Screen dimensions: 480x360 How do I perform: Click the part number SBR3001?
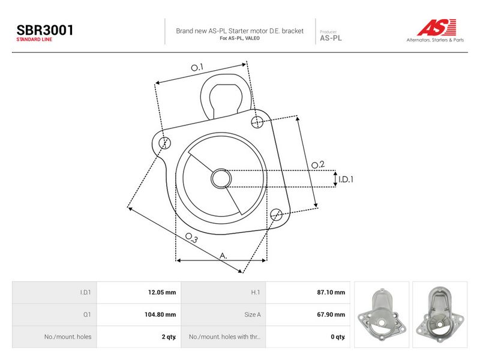tap(44, 30)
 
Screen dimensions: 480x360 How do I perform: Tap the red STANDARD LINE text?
tap(34, 40)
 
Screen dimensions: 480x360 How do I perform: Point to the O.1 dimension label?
tap(197, 67)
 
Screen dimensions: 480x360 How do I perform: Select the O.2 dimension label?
tap(318, 165)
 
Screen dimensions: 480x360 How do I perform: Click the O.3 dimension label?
tap(192, 238)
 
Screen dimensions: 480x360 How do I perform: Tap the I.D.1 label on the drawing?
tap(346, 179)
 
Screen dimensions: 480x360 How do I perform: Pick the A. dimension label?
tap(223, 256)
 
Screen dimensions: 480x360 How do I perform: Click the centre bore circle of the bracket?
tap(221, 178)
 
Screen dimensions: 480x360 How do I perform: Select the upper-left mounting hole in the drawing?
tap(164, 143)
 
